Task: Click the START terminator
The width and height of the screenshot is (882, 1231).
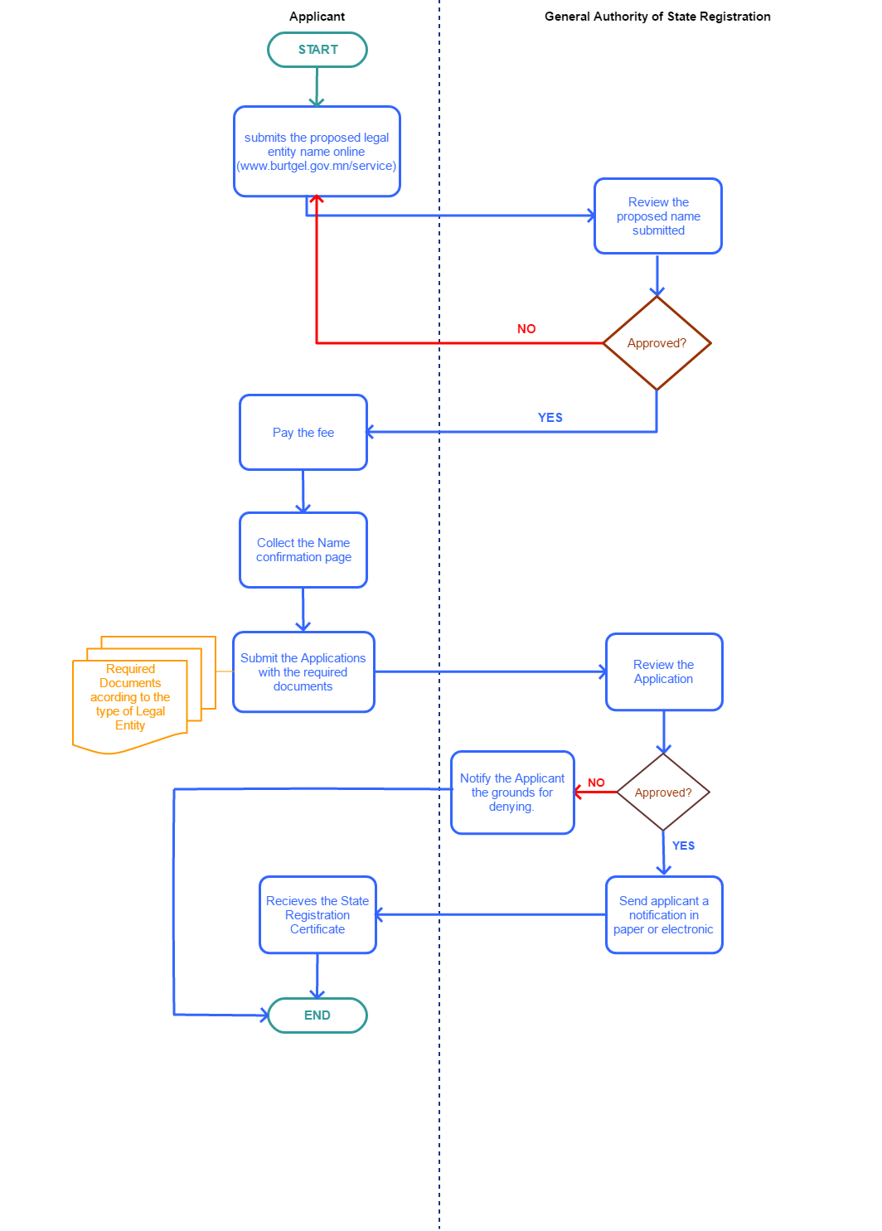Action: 317,50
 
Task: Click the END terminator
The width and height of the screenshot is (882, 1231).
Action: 317,1015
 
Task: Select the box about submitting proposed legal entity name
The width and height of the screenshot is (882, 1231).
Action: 317,152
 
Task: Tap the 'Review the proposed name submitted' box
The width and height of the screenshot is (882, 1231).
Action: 658,216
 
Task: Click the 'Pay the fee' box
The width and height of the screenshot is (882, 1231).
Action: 303,433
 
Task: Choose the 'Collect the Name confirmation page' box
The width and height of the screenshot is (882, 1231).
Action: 303,550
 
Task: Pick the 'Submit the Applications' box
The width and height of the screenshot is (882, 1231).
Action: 303,672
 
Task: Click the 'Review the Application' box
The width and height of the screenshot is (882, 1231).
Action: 664,672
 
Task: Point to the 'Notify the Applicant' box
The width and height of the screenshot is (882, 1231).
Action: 512,792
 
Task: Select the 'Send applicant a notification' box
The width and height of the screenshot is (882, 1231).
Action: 664,915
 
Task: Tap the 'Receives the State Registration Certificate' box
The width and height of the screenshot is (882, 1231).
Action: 317,915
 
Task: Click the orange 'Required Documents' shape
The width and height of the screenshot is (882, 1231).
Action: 130,697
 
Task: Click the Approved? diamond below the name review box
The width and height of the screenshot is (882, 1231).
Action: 657,343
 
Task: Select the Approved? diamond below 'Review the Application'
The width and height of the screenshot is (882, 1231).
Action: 663,792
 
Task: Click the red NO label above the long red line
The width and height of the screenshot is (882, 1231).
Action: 526,329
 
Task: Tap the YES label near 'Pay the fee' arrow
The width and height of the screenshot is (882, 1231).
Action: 550,418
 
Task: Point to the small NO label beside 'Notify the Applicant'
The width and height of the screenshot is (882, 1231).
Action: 596,783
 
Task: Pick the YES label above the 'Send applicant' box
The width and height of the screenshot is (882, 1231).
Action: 683,846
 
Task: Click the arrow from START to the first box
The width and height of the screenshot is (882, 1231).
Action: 317,86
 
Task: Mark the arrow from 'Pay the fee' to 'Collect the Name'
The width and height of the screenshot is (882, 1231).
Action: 303,492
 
